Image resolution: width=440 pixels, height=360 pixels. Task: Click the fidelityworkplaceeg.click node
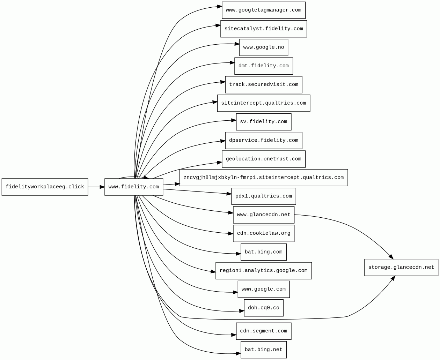pos(45,187)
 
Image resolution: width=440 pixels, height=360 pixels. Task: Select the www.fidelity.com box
pos(134,187)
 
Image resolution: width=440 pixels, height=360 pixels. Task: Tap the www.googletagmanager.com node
pos(264,10)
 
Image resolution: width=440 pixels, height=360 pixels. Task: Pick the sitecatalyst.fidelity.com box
pos(264,29)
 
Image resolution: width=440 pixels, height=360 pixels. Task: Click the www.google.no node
pos(264,47)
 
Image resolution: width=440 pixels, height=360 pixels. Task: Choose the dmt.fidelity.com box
pos(264,66)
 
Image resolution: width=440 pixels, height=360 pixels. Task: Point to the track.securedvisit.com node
pos(264,85)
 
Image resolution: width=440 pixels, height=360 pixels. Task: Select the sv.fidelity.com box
pos(264,122)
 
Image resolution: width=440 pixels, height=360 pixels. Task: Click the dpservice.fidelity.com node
pos(264,141)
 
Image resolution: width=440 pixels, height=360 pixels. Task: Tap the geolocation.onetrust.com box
pos(264,159)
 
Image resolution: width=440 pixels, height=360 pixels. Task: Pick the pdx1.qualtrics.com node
pos(264,196)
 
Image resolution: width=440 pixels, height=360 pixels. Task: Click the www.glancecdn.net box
pos(264,215)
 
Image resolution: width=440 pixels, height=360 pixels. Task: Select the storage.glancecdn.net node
pos(401,268)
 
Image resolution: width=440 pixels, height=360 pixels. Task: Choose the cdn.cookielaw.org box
pos(264,233)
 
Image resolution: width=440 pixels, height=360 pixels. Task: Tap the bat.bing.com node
pos(264,252)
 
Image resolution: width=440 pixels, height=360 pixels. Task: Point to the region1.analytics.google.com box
pos(264,271)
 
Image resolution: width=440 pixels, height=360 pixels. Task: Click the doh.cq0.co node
pos(264,308)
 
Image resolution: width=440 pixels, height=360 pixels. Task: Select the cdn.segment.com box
pos(264,331)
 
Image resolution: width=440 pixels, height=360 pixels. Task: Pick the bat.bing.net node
pos(264,350)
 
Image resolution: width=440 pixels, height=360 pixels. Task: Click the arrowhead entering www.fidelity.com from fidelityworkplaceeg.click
pos(102,187)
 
